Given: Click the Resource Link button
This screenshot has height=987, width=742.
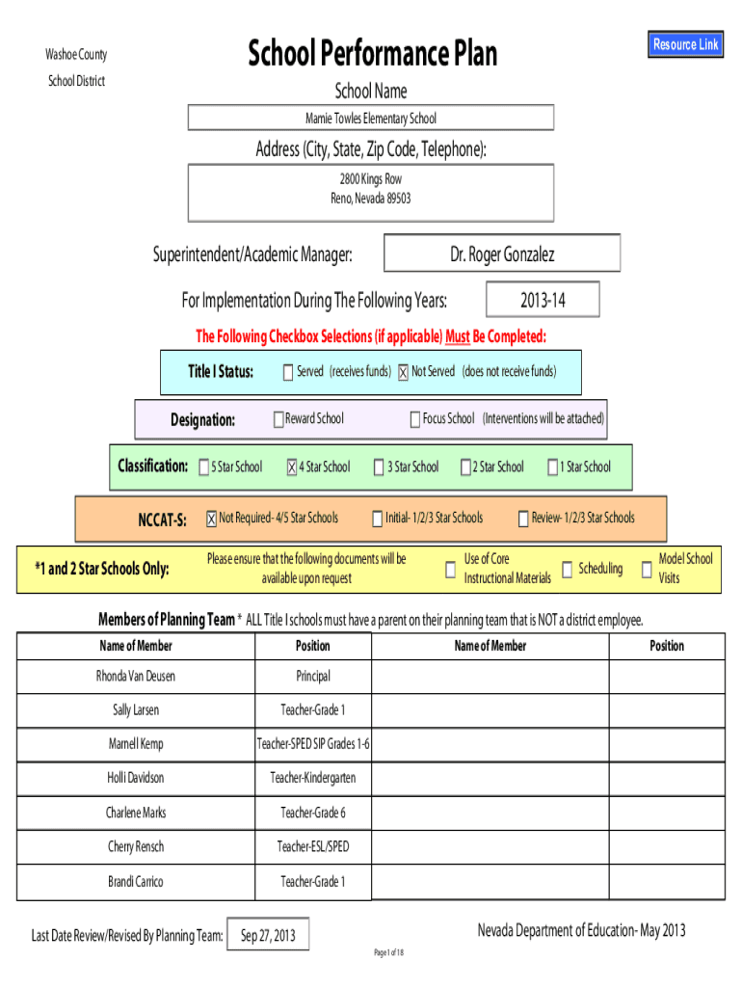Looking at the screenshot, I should [685, 44].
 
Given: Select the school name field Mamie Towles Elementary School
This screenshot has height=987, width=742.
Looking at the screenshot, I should [371, 118].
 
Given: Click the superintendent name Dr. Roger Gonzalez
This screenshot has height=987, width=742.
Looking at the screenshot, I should [501, 254].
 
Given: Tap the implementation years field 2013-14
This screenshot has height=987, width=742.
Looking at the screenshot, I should [543, 301].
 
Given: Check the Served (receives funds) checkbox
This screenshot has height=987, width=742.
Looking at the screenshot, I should [288, 373].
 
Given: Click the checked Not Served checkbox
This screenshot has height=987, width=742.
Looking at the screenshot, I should [403, 373].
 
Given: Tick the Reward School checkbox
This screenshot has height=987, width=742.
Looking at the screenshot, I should [278, 419].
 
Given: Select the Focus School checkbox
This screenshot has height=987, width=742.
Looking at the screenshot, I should [415, 419].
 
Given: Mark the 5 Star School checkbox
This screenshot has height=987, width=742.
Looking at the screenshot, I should [204, 468].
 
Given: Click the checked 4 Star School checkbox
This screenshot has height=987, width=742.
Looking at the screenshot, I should [291, 468].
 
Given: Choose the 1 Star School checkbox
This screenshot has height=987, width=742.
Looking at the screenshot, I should [553, 468].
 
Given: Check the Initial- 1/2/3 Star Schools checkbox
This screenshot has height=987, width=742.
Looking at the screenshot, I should [378, 520].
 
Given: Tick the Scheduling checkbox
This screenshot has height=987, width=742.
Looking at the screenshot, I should [567, 570].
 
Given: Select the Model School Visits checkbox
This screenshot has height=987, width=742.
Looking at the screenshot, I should [646, 570].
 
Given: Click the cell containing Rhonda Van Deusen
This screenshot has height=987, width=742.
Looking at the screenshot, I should [136, 677].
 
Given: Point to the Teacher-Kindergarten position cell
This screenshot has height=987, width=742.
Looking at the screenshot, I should [313, 778].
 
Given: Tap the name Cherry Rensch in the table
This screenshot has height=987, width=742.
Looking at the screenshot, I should [136, 846].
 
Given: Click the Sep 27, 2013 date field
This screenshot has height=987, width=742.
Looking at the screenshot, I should [268, 935].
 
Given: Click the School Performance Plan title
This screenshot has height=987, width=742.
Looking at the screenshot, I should [372, 54].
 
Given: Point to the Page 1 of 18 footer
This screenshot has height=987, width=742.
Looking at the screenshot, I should [388, 953].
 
